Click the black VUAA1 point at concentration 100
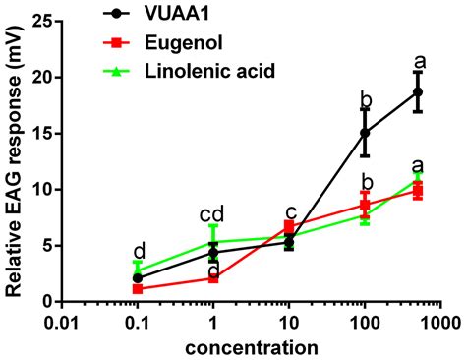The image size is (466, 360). (x=365, y=133)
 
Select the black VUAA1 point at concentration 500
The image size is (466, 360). (x=418, y=91)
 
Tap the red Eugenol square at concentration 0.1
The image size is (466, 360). (x=137, y=288)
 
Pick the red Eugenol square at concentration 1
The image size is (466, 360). (x=213, y=277)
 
